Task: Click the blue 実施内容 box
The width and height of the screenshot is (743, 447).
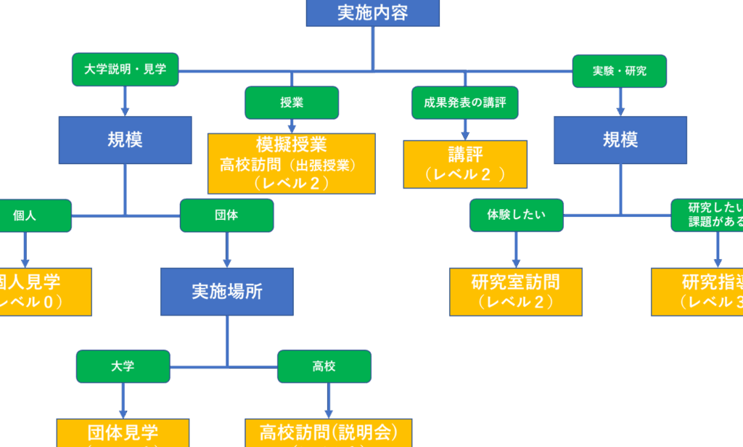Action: pos(372,13)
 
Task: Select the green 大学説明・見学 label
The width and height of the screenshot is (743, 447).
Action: pos(125,70)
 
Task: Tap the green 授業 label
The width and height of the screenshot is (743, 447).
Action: pos(292,102)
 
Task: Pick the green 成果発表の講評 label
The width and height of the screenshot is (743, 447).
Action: pos(465,102)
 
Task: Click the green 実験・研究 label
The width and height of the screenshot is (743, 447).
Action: pos(620,70)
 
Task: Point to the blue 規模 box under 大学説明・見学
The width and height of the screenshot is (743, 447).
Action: pos(125,139)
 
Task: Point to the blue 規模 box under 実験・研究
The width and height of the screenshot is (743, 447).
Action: pos(620,139)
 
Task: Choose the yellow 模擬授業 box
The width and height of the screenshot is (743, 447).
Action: pos(292,163)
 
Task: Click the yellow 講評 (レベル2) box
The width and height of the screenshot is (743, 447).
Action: pos(465,164)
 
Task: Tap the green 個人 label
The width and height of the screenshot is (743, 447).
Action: pos(25,216)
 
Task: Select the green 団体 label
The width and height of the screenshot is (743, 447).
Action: pos(226,216)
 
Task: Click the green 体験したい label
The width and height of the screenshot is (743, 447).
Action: pos(516,216)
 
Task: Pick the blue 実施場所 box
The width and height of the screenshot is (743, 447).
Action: pos(227,292)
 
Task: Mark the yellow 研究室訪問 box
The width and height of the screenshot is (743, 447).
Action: pos(516,292)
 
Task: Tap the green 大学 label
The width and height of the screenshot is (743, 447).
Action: pos(123,366)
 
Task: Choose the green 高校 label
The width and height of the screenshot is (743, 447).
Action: pos(324,366)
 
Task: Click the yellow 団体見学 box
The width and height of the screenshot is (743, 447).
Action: pos(123,432)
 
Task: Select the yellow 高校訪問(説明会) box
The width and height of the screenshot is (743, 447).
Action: pos(329,432)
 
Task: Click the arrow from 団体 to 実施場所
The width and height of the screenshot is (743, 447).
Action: pos(227,250)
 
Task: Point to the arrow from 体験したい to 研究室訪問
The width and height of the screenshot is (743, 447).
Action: pos(516,250)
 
